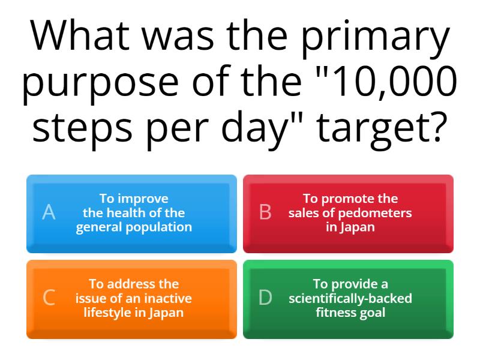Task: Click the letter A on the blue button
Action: coord(49,212)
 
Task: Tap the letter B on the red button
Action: coord(265,212)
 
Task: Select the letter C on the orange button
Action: coord(50,298)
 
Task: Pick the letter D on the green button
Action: coord(265,298)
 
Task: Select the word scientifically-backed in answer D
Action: coord(350,298)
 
